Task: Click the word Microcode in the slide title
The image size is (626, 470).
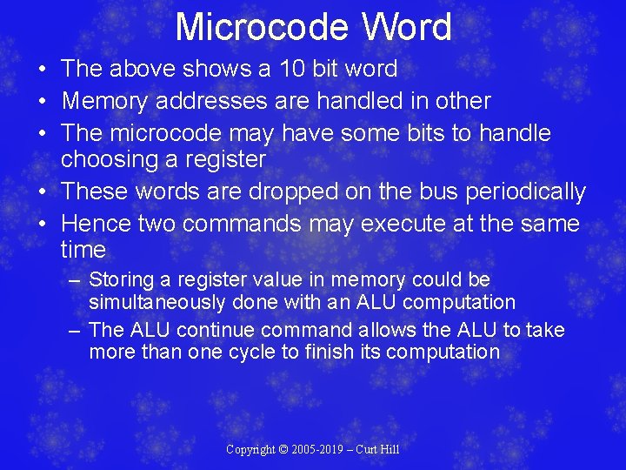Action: point(263,27)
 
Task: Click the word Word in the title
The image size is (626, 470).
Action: point(407,27)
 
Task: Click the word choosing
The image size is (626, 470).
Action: point(107,159)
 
